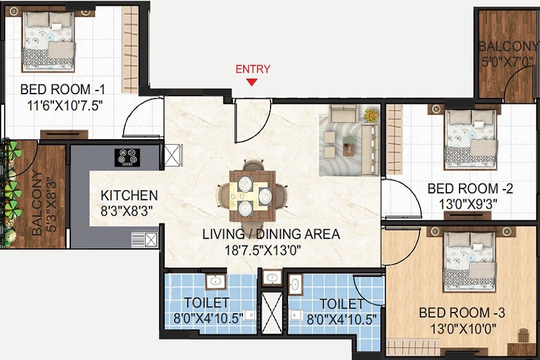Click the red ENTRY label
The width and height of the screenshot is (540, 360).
[x=253, y=69]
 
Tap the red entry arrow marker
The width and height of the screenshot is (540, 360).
[x=253, y=82]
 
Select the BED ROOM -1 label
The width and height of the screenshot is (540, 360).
[x=63, y=90]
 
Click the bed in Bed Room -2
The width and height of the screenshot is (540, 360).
[x=470, y=139]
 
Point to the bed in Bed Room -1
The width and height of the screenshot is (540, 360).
[x=48, y=43]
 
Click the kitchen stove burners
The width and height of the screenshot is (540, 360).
[x=128, y=157]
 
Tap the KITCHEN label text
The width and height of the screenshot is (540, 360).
[x=129, y=196]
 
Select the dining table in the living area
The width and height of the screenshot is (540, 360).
[x=253, y=193]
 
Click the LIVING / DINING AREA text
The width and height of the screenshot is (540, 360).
[x=271, y=234]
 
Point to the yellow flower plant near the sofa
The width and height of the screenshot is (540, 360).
[x=371, y=113]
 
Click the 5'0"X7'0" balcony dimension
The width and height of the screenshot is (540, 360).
[x=506, y=61]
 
